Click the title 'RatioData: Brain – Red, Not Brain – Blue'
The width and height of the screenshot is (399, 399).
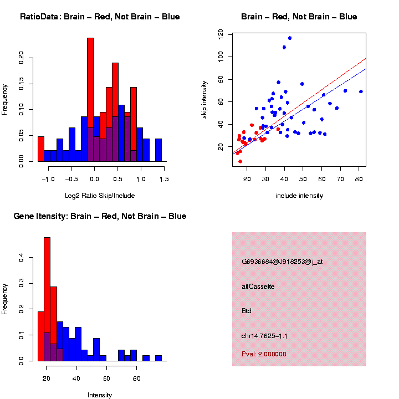coord(100,17)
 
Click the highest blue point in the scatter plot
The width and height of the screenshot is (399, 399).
coord(290,38)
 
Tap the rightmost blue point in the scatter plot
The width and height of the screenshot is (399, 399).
coord(361,91)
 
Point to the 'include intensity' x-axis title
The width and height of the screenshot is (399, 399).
coord(299,196)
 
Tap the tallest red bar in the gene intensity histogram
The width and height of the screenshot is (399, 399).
coord(47,299)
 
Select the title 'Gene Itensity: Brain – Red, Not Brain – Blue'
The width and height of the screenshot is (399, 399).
coord(100,216)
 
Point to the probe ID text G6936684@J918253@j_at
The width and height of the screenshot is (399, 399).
coord(282,262)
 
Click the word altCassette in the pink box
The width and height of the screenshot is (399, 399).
coord(258,287)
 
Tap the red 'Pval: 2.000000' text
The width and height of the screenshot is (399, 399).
coord(264,354)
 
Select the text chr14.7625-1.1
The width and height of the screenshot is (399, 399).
coord(264,336)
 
